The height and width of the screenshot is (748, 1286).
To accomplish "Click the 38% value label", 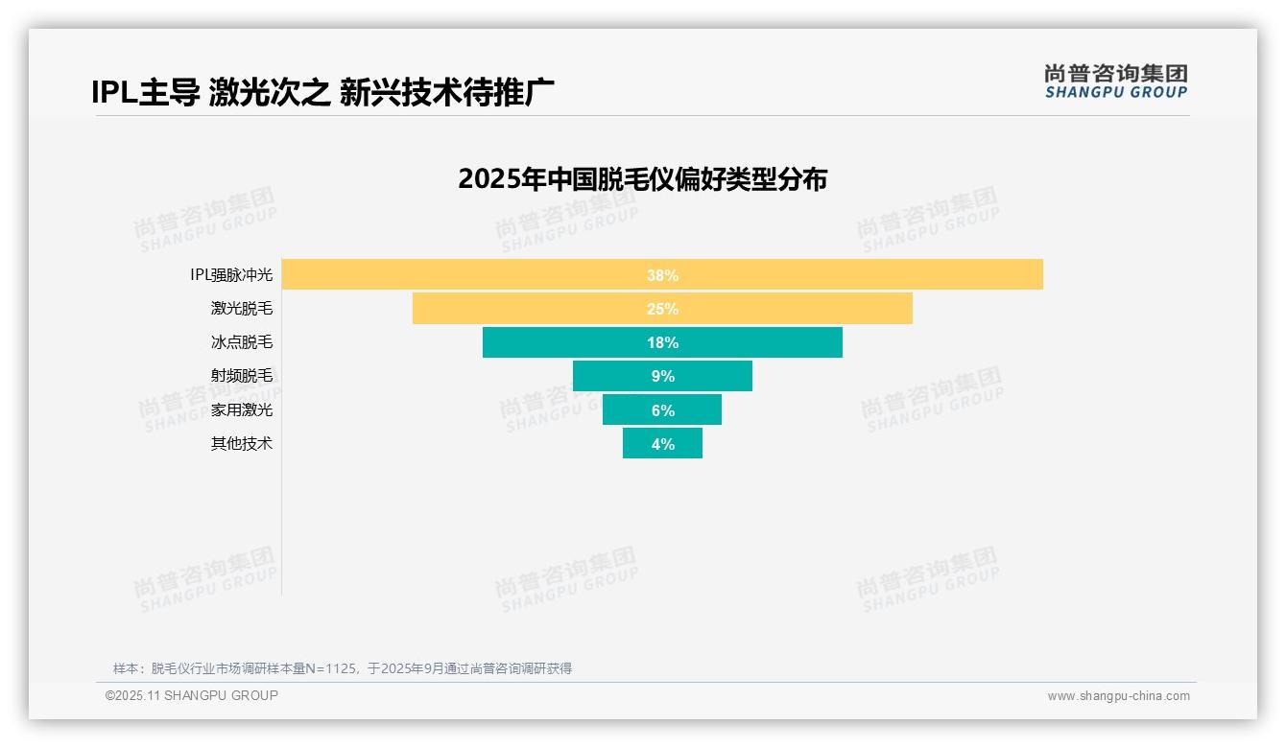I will (662, 275).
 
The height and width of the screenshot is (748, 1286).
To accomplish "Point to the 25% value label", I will (662, 309).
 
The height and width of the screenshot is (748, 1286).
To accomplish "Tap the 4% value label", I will (663, 444).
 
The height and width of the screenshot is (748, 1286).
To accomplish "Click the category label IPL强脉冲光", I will (231, 275).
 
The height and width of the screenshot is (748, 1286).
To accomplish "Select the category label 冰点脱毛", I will (242, 342).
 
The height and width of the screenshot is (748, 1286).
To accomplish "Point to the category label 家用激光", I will (242, 410).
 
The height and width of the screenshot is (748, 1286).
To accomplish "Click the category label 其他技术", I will (242, 444).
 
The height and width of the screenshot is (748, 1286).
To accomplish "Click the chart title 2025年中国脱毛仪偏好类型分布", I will (642, 179).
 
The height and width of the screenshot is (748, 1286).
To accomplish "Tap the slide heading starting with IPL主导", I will (322, 93).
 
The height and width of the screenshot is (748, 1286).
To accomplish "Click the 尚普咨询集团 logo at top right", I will (1115, 81).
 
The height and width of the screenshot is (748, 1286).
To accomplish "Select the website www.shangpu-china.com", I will (1118, 696).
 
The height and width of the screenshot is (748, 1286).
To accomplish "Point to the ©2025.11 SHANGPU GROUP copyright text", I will (192, 696).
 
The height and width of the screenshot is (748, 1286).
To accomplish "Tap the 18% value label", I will (662, 342).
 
